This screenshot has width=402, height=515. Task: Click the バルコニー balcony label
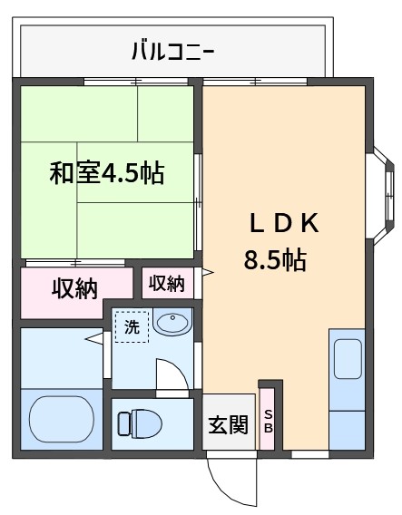[x=173, y=52]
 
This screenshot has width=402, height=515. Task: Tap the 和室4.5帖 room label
[x=107, y=173]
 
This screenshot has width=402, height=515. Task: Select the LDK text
[x=284, y=223]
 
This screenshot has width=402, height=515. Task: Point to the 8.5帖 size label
[x=275, y=260]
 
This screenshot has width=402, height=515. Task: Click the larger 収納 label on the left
[x=75, y=288]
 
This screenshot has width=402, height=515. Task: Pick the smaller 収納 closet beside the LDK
[x=168, y=283]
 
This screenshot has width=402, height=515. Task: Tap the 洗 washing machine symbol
[x=132, y=326]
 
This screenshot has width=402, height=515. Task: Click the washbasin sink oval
[x=172, y=322]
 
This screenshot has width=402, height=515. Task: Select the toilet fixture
[x=141, y=423]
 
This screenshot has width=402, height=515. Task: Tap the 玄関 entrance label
[x=228, y=424]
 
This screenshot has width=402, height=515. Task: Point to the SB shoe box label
[x=269, y=422]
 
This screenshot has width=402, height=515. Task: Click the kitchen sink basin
[x=348, y=359]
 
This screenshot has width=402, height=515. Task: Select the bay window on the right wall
[x=384, y=196]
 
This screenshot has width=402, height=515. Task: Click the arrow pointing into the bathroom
[x=93, y=338]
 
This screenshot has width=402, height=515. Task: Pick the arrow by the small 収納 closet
[x=208, y=272]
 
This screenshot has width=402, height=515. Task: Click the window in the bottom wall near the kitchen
[x=310, y=454]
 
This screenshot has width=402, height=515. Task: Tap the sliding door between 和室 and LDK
[x=198, y=202]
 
